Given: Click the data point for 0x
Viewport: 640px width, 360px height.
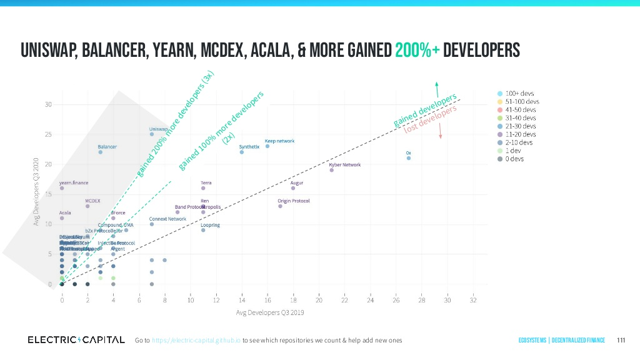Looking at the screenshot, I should click(x=409, y=158).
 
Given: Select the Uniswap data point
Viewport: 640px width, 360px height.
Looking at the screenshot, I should click(x=152, y=134).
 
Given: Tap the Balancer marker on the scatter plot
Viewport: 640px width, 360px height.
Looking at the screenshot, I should click(x=100, y=152).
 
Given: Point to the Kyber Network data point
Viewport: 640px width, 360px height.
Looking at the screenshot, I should click(x=332, y=170).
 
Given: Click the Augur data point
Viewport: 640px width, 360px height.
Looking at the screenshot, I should click(x=293, y=188).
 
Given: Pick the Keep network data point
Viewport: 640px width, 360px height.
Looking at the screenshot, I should click(x=267, y=146).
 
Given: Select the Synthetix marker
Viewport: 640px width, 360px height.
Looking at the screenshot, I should click(x=242, y=152).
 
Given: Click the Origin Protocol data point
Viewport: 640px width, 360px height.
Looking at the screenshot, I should click(x=281, y=206).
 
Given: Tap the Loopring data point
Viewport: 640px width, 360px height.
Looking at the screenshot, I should click(x=203, y=230).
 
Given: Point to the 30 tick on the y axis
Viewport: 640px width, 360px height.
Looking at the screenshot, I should click(x=48, y=104).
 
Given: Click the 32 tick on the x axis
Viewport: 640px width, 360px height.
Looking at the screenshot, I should click(x=473, y=301).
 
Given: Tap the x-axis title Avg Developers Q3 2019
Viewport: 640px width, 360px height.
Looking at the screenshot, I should click(x=269, y=312).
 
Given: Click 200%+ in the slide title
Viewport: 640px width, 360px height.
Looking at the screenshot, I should click(x=417, y=49).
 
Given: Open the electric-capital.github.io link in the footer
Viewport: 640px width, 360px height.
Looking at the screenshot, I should click(x=196, y=340).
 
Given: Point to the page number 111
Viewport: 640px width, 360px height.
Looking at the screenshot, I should click(x=621, y=340).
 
